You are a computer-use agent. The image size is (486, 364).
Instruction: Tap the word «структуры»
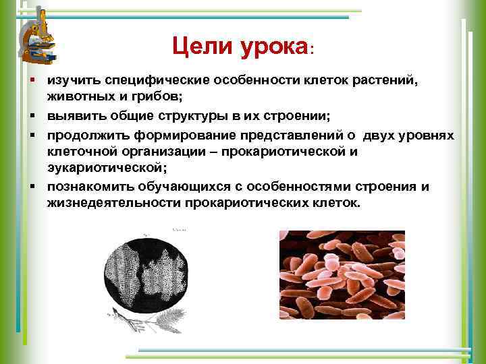coord(178,117)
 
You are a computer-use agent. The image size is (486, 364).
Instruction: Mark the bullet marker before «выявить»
coord(32,117)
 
